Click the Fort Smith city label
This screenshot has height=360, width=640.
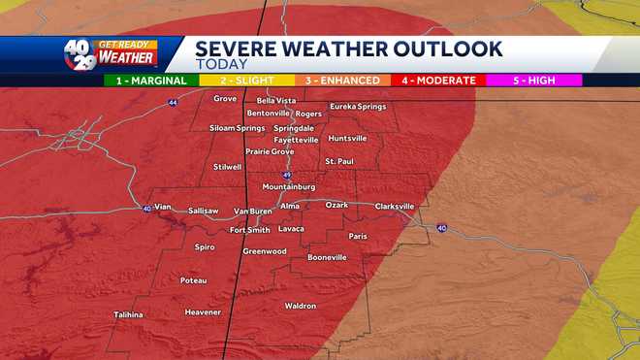coord(249,230)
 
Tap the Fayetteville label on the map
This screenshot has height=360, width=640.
coord(296,140)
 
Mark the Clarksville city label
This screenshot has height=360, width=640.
coord(395,206)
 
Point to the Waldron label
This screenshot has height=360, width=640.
coord(301,306)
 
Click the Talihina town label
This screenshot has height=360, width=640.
coord(128,314)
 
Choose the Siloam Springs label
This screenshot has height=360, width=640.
coord(237,128)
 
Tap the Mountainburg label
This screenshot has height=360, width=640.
coord(289,186)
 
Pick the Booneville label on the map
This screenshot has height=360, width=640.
coord(327,257)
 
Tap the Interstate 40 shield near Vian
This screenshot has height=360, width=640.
coord(146,208)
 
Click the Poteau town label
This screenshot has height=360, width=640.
coord(194,280)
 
